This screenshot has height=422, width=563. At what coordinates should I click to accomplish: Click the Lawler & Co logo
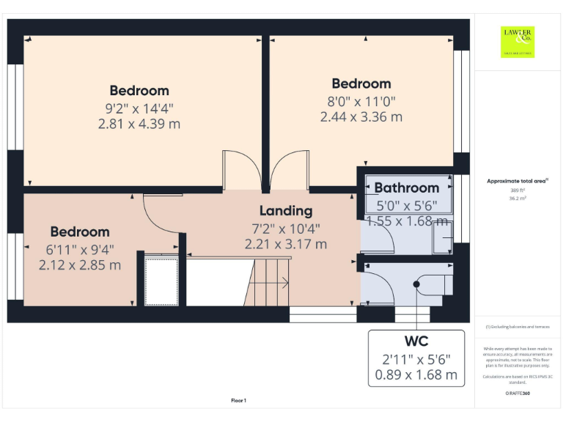518,41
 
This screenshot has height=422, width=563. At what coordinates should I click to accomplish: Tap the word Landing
285,211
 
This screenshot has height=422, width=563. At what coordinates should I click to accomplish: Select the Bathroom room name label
407,188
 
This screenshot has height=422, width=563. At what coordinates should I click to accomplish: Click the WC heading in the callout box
416,341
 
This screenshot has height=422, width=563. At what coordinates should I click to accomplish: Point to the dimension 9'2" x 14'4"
139,108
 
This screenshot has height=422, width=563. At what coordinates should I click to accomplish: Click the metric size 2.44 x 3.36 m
361,116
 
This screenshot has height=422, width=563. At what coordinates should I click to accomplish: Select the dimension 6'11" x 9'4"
80,249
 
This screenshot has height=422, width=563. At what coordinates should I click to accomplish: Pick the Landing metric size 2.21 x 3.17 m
285,244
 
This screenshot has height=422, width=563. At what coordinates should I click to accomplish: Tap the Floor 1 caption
238,401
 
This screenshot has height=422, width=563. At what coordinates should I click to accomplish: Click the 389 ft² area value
518,190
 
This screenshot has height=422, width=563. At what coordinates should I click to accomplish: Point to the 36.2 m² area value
518,198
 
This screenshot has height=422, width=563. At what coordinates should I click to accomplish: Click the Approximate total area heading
518,180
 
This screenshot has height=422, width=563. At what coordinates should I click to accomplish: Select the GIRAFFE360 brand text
518,393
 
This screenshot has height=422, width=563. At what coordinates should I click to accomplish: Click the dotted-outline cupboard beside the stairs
161,280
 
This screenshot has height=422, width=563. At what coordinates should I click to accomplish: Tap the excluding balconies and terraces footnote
518,327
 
